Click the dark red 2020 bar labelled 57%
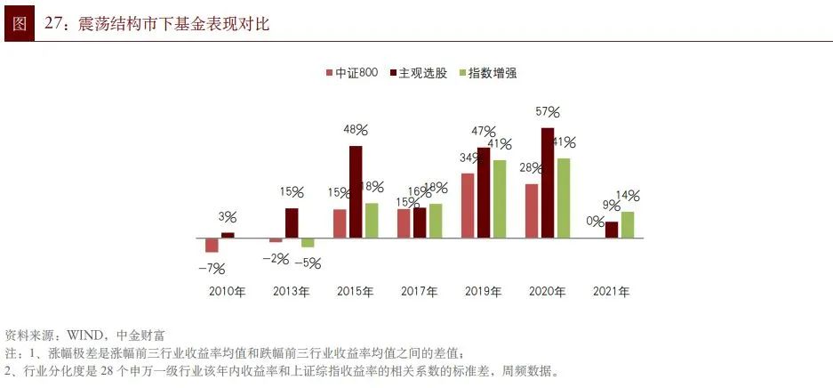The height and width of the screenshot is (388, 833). [548, 183]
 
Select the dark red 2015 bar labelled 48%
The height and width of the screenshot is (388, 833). [356, 192]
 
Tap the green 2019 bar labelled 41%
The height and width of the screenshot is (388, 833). [500, 199]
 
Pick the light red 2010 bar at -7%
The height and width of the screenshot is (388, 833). [212, 246]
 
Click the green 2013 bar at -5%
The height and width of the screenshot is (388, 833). [308, 243]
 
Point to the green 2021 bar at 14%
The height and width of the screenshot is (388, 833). [628, 225]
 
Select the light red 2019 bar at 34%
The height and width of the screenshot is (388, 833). [468, 206]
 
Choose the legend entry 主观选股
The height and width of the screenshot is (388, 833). [417, 73]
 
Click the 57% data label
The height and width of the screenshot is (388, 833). [548, 112]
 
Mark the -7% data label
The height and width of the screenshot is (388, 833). [212, 268]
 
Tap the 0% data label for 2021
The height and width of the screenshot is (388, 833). [596, 222]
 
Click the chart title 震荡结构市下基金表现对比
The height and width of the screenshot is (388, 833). [173, 24]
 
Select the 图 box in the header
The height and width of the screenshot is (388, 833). [19, 24]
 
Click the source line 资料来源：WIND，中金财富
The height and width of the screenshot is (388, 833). [84, 335]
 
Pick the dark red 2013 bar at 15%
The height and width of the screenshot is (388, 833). [292, 223]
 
